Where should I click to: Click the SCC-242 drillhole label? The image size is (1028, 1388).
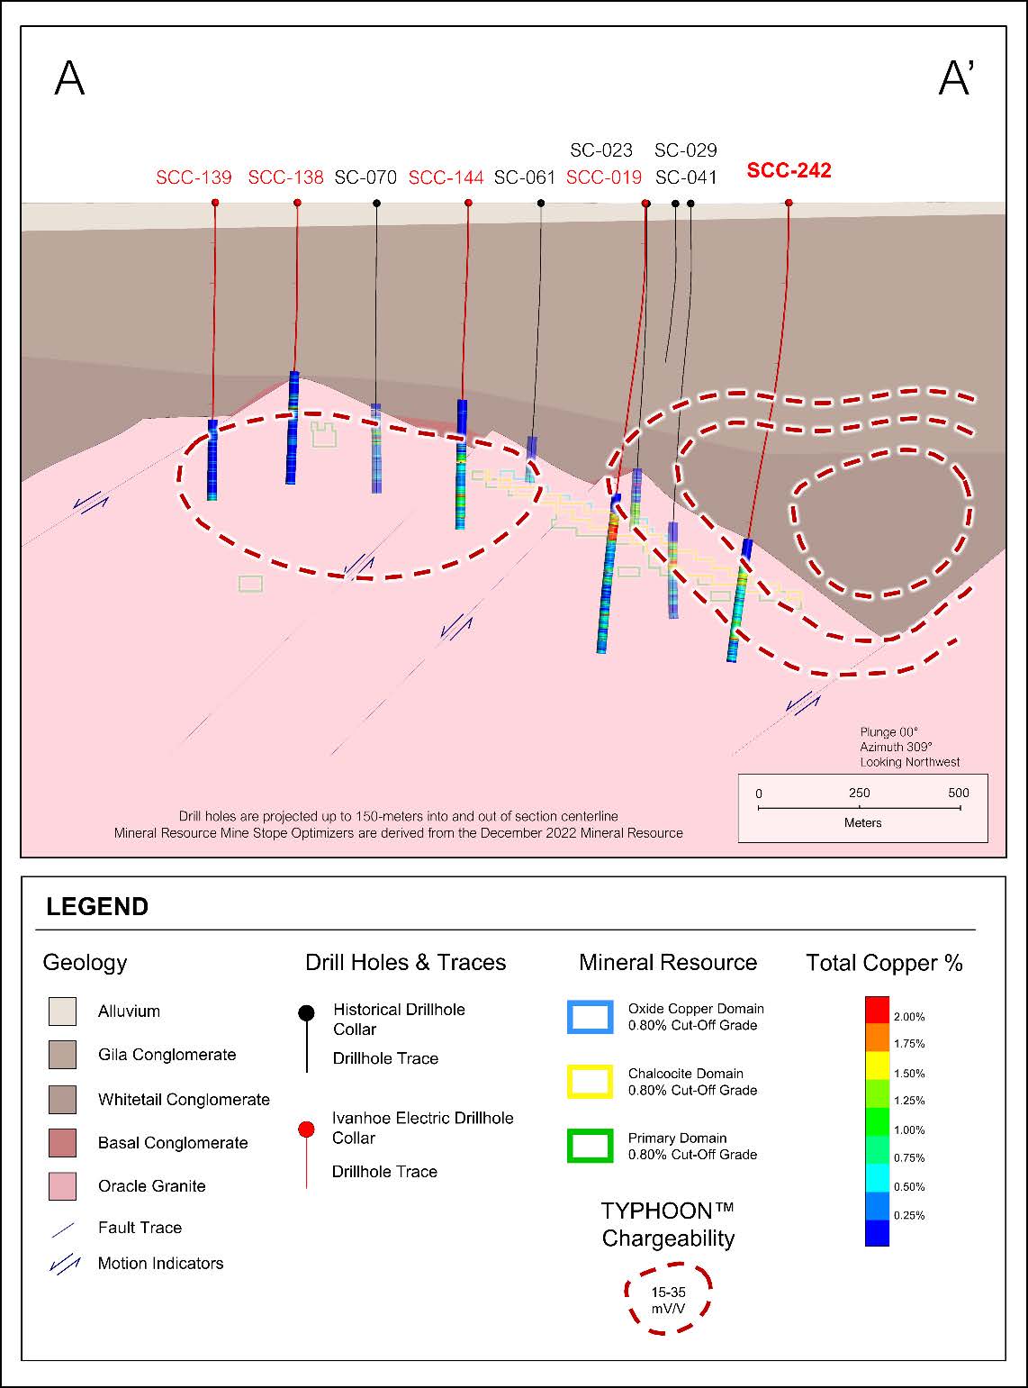[x=789, y=170]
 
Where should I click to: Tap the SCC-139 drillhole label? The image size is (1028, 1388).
[x=194, y=177]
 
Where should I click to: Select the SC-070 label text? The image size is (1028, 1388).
[x=365, y=177]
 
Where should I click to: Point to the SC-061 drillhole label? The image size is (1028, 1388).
[x=525, y=177]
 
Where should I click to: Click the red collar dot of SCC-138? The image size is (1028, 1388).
[x=297, y=203]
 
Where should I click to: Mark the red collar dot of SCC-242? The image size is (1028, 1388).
[x=789, y=203]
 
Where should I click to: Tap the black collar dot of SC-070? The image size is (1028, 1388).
[x=376, y=203]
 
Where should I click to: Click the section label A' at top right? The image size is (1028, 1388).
[x=956, y=78]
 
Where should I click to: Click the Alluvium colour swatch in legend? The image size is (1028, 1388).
[x=62, y=1012]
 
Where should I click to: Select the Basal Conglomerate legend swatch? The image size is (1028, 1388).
[x=62, y=1143]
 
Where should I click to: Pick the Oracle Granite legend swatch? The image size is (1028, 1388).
[x=62, y=1186]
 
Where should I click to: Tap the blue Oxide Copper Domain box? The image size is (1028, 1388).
[x=590, y=1017]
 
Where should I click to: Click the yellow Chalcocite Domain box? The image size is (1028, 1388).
[x=590, y=1082]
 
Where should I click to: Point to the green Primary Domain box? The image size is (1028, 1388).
[x=590, y=1146]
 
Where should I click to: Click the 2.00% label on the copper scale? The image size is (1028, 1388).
[x=909, y=1017]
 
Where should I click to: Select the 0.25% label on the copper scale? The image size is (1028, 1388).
[x=909, y=1215]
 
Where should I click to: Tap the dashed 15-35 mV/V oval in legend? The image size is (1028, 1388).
[x=668, y=1298]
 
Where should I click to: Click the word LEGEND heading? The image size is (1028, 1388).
[x=97, y=907]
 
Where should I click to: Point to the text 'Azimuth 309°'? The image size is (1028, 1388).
[x=896, y=747]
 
